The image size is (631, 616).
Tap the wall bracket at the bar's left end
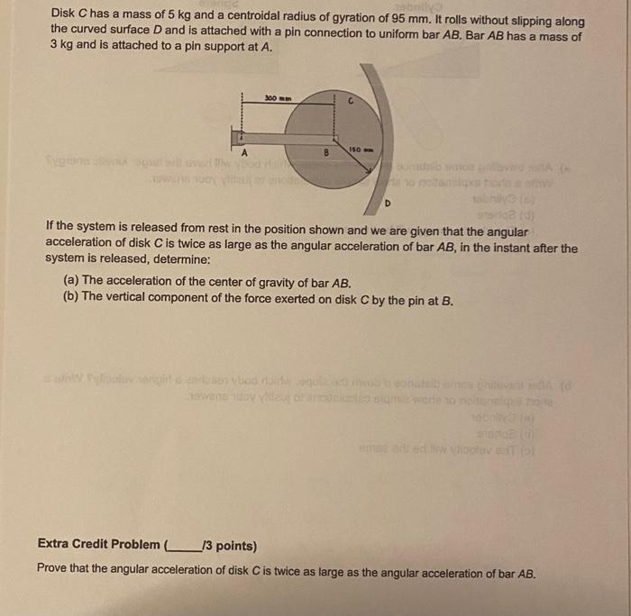tap(237, 136)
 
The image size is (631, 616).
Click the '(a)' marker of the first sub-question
tap(69, 281)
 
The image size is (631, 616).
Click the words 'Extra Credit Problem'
tap(99, 544)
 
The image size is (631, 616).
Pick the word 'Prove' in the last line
tap(53, 572)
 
